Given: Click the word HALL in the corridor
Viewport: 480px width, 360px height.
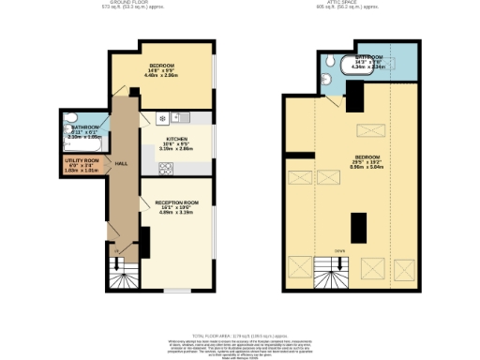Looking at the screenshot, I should click(121, 162).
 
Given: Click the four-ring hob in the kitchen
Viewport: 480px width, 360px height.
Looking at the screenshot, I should click(166, 169).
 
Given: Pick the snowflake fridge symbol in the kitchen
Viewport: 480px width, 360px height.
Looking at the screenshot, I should click(162, 118).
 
